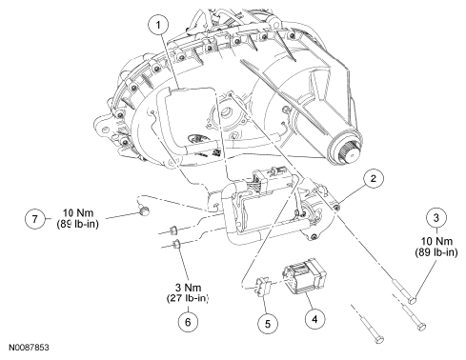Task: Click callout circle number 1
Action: [x=158, y=25]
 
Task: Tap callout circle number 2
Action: [x=374, y=178]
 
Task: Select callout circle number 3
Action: [x=436, y=218]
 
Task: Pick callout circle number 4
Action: [x=314, y=319]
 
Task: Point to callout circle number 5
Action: [x=268, y=324]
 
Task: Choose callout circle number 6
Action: [x=188, y=322]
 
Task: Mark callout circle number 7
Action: [x=34, y=219]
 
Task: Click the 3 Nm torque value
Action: [x=189, y=288]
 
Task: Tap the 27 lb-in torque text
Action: [x=188, y=298]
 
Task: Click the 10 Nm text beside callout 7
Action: [x=78, y=212]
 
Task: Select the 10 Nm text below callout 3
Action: [x=436, y=241]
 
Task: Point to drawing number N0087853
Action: [x=29, y=348]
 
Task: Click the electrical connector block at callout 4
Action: [x=305, y=276]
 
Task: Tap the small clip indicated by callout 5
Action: [x=263, y=285]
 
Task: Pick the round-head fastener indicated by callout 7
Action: [x=145, y=210]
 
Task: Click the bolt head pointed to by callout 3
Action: [x=412, y=299]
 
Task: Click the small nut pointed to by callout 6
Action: [x=176, y=244]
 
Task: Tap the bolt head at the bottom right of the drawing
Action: [x=379, y=339]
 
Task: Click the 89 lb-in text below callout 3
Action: [x=436, y=252]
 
